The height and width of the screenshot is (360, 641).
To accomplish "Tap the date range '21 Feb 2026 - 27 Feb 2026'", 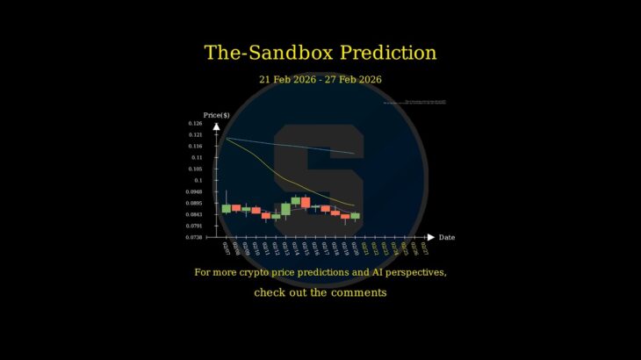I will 320,79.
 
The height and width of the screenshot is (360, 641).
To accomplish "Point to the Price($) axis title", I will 216,115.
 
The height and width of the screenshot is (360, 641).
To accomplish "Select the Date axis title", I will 446,237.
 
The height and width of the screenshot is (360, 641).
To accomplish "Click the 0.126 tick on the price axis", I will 195,124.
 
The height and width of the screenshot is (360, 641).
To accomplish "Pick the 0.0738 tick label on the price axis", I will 194,237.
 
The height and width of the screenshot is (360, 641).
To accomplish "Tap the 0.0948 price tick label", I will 194,191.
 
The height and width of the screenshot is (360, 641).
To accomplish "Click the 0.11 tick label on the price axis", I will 197,157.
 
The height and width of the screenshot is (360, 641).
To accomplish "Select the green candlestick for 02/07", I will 226,209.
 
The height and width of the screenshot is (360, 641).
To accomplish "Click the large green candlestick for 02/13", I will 285,209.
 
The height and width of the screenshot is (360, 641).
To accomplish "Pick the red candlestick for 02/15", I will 306,202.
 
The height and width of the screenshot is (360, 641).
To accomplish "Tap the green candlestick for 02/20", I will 355,215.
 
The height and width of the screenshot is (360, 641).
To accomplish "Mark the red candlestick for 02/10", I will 256,211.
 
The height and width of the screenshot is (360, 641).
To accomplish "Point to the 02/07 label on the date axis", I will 226,248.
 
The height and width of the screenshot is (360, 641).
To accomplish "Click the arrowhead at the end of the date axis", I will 430,237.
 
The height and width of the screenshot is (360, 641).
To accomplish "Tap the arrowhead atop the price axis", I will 216,126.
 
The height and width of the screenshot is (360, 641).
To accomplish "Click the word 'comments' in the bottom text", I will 357,292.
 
